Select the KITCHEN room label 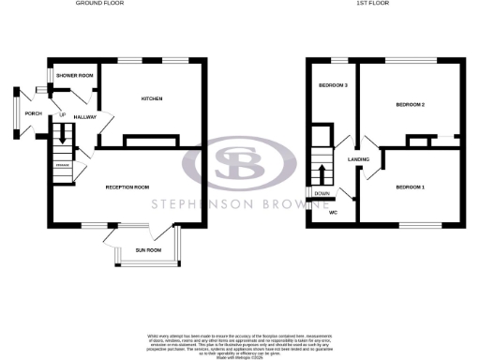pos(153,98)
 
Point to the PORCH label pos(34,114)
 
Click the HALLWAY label pos(85,117)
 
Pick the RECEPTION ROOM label pos(127,187)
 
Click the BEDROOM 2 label pos(411,104)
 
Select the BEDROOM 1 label pos(410,187)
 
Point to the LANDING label pos(358,160)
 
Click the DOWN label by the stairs pos(322,194)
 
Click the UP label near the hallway pos(63,115)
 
